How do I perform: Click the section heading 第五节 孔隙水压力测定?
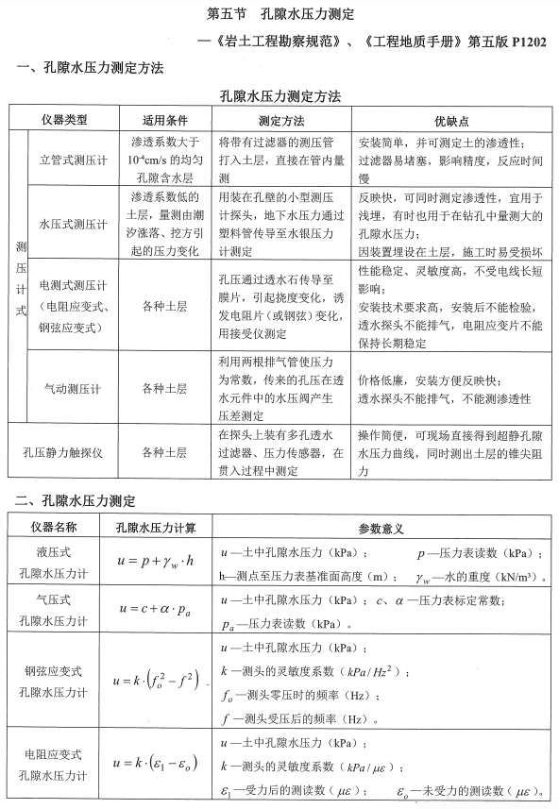(x=281, y=16)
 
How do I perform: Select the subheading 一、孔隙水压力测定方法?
(x=90, y=69)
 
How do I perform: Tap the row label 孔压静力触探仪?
(x=62, y=452)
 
